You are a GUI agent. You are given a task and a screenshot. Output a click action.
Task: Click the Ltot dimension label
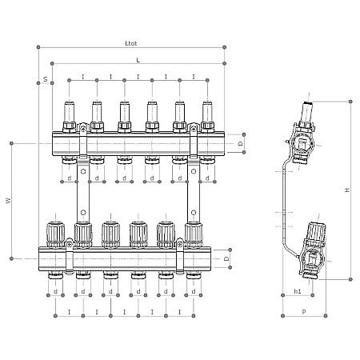130,43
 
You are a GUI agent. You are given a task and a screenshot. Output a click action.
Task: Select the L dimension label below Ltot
138,60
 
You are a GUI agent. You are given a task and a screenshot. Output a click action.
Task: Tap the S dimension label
45,79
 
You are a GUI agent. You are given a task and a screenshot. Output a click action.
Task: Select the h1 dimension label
298,291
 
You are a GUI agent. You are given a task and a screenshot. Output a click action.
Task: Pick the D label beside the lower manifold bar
226,259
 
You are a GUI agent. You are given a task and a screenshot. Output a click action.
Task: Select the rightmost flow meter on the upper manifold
206,114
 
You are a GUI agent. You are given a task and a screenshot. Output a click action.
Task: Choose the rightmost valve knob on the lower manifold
192,231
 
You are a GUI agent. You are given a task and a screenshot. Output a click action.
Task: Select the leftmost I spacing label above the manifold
83,77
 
